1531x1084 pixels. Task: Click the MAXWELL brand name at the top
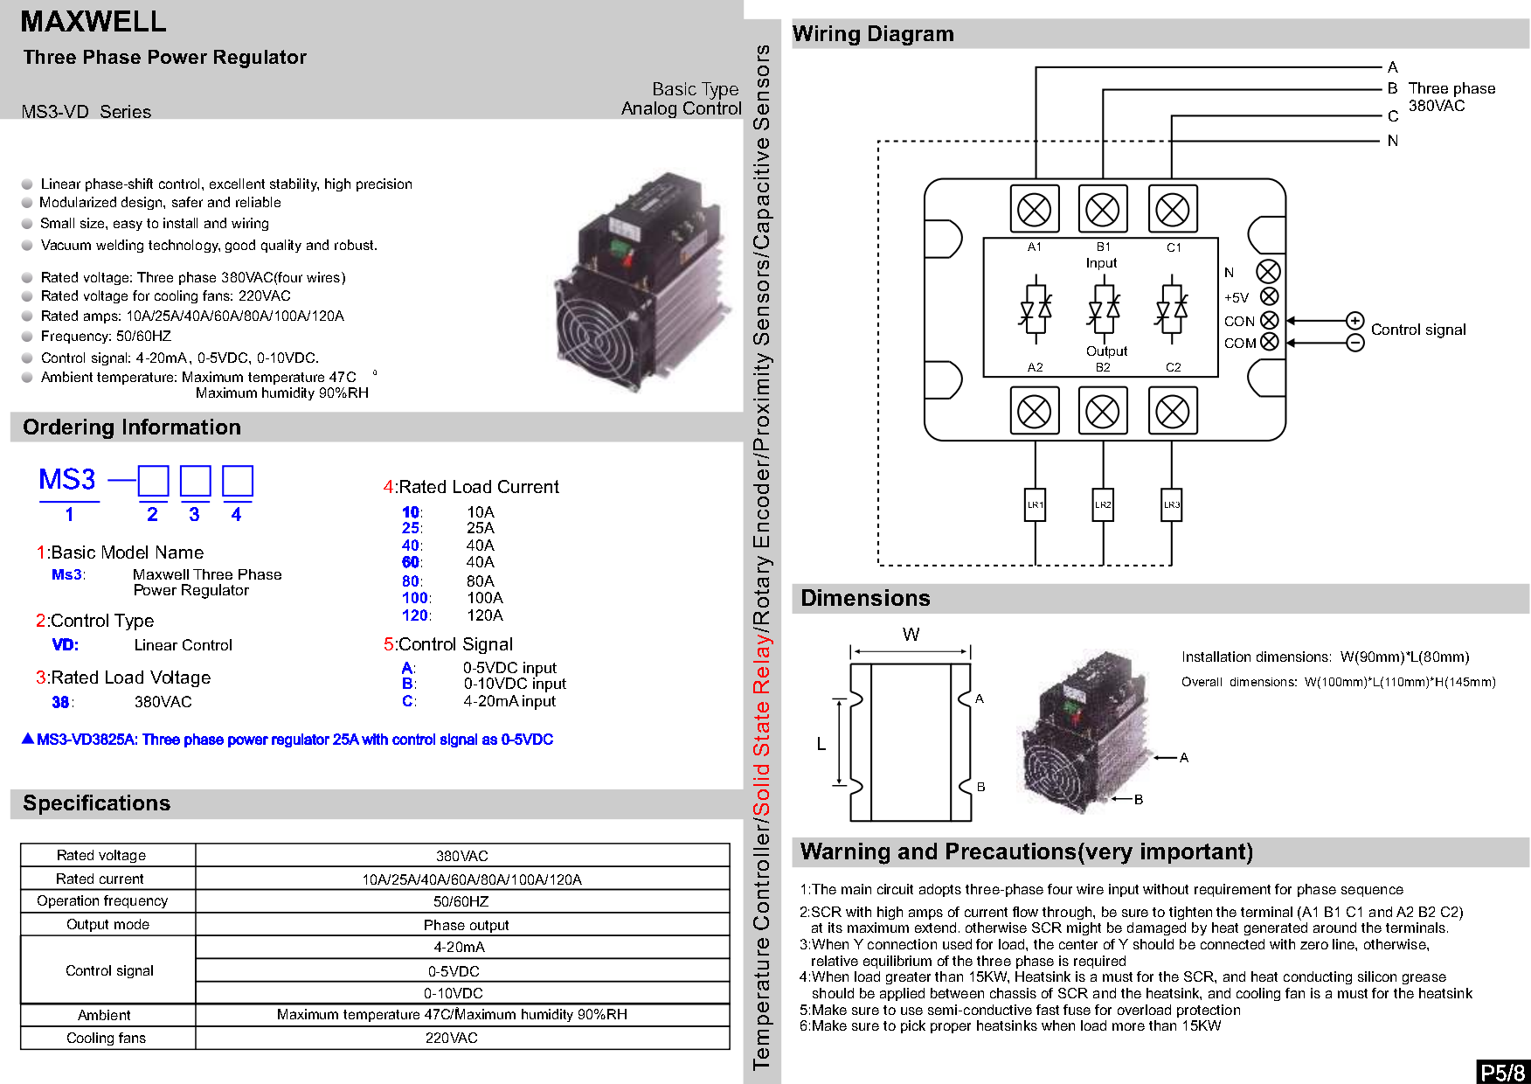click(94, 22)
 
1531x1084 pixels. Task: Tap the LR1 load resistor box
click(1035, 504)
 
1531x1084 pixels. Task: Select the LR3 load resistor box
click(1171, 504)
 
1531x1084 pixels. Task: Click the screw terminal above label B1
click(1103, 210)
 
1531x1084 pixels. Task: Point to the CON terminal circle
click(1270, 321)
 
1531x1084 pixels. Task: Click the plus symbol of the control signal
click(1354, 320)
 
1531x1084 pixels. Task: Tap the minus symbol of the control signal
click(1354, 343)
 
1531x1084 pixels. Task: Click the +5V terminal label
click(1237, 298)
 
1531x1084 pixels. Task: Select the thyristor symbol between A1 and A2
click(1036, 309)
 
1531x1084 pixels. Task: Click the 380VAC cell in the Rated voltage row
click(462, 856)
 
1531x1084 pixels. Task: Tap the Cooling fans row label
click(107, 1038)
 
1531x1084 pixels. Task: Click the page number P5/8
click(1503, 1072)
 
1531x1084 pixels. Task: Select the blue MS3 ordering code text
click(67, 480)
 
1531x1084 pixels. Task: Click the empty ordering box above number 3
click(195, 481)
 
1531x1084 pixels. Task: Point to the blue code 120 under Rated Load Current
click(414, 615)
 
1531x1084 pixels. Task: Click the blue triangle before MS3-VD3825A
click(28, 739)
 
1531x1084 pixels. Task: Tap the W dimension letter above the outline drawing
click(911, 635)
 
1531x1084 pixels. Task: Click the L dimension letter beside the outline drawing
click(821, 745)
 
